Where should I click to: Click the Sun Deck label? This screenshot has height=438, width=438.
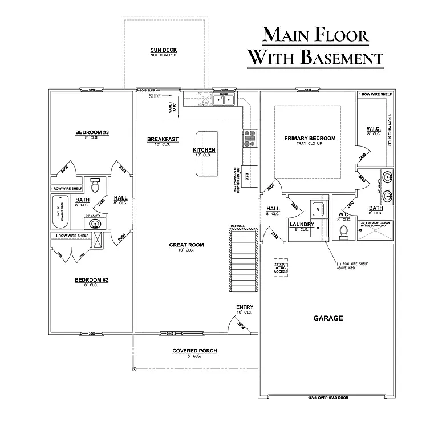point(163,50)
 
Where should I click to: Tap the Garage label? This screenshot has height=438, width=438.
point(328,318)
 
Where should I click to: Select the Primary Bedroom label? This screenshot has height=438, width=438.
point(310,139)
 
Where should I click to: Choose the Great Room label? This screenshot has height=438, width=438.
point(186,245)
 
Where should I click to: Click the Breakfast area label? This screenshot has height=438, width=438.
point(163,139)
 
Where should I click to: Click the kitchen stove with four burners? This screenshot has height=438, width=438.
point(250,135)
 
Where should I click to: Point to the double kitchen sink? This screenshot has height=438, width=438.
point(226,101)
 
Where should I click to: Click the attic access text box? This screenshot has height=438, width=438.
point(281,268)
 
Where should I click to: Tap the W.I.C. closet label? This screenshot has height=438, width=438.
point(374,129)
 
